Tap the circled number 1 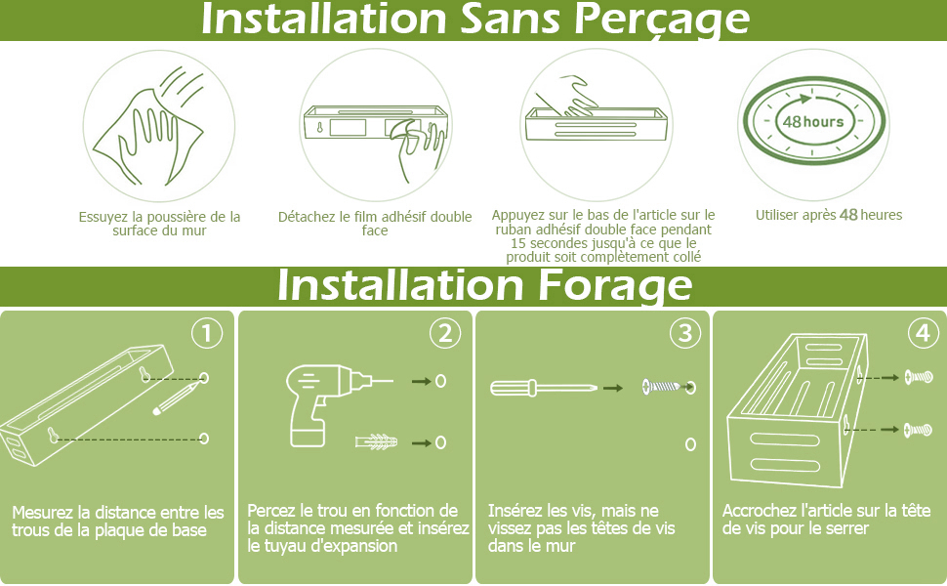pos(206,333)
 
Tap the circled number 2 pos(444,333)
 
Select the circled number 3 pos(685,333)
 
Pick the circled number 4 pos(923,333)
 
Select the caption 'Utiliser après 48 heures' pos(828,215)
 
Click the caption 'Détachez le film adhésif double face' pos(375,224)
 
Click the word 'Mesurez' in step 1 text pos(44,512)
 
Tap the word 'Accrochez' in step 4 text pos(760,511)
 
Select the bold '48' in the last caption pos(847,215)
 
